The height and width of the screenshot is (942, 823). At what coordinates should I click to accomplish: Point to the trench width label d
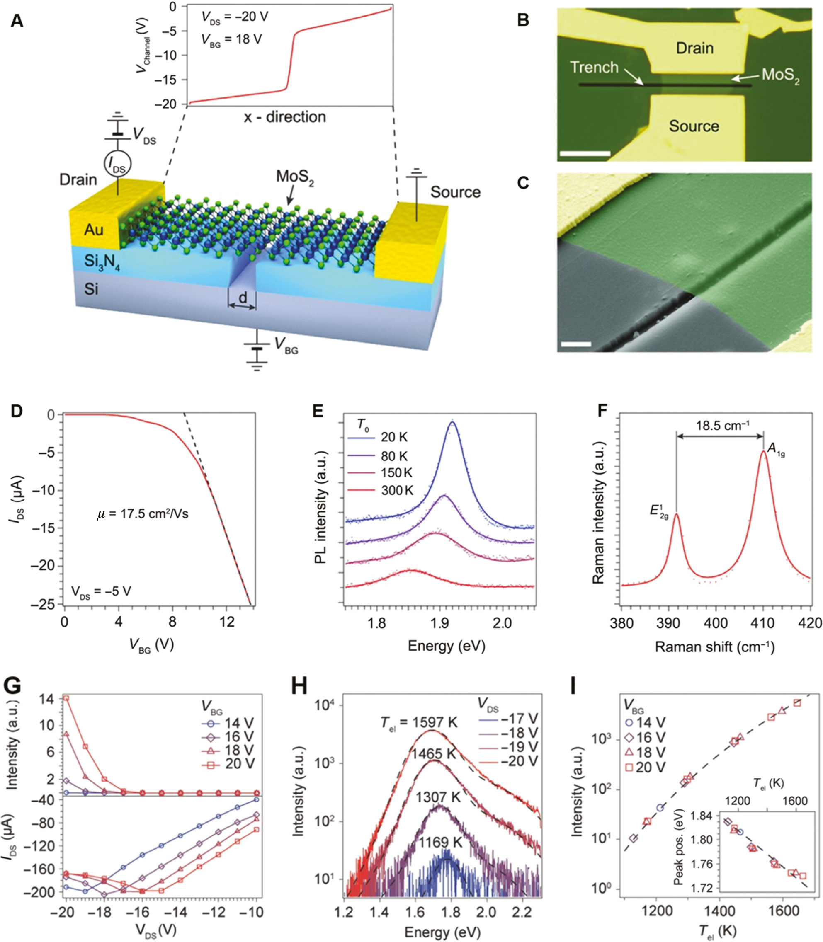(x=243, y=298)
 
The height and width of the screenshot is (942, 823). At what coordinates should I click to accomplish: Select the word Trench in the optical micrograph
(x=594, y=68)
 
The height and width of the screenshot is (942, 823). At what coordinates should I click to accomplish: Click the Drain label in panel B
(x=694, y=48)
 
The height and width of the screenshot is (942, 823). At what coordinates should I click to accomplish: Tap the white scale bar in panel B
(x=585, y=153)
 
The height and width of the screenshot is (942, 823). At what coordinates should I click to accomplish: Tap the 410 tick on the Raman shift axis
(x=763, y=623)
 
